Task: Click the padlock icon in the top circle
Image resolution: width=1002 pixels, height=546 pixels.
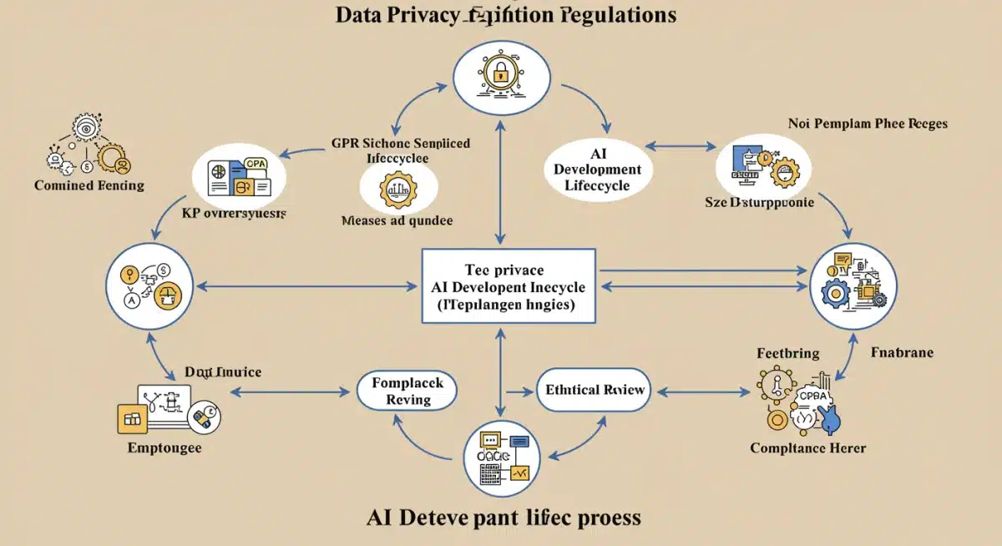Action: tap(500, 74)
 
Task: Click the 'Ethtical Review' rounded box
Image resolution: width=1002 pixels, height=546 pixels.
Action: tap(594, 390)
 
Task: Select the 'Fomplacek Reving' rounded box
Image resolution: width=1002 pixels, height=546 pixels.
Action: tap(407, 391)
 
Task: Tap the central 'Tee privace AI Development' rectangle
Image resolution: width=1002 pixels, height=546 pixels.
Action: tap(509, 286)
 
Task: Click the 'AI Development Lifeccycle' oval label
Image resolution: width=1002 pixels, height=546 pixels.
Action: tap(597, 169)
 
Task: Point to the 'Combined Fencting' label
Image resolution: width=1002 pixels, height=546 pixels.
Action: tap(89, 185)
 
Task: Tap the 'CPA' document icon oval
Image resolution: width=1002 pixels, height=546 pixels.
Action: tap(240, 174)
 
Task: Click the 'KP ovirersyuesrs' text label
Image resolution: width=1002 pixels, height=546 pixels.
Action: tap(234, 214)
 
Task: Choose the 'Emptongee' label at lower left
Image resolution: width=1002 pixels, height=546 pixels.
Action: tap(164, 448)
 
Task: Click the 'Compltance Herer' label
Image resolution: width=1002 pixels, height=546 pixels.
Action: tap(807, 448)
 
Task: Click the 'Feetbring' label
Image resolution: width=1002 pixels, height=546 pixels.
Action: tap(787, 353)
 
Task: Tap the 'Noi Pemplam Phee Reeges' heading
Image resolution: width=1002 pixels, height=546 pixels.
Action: tap(868, 124)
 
